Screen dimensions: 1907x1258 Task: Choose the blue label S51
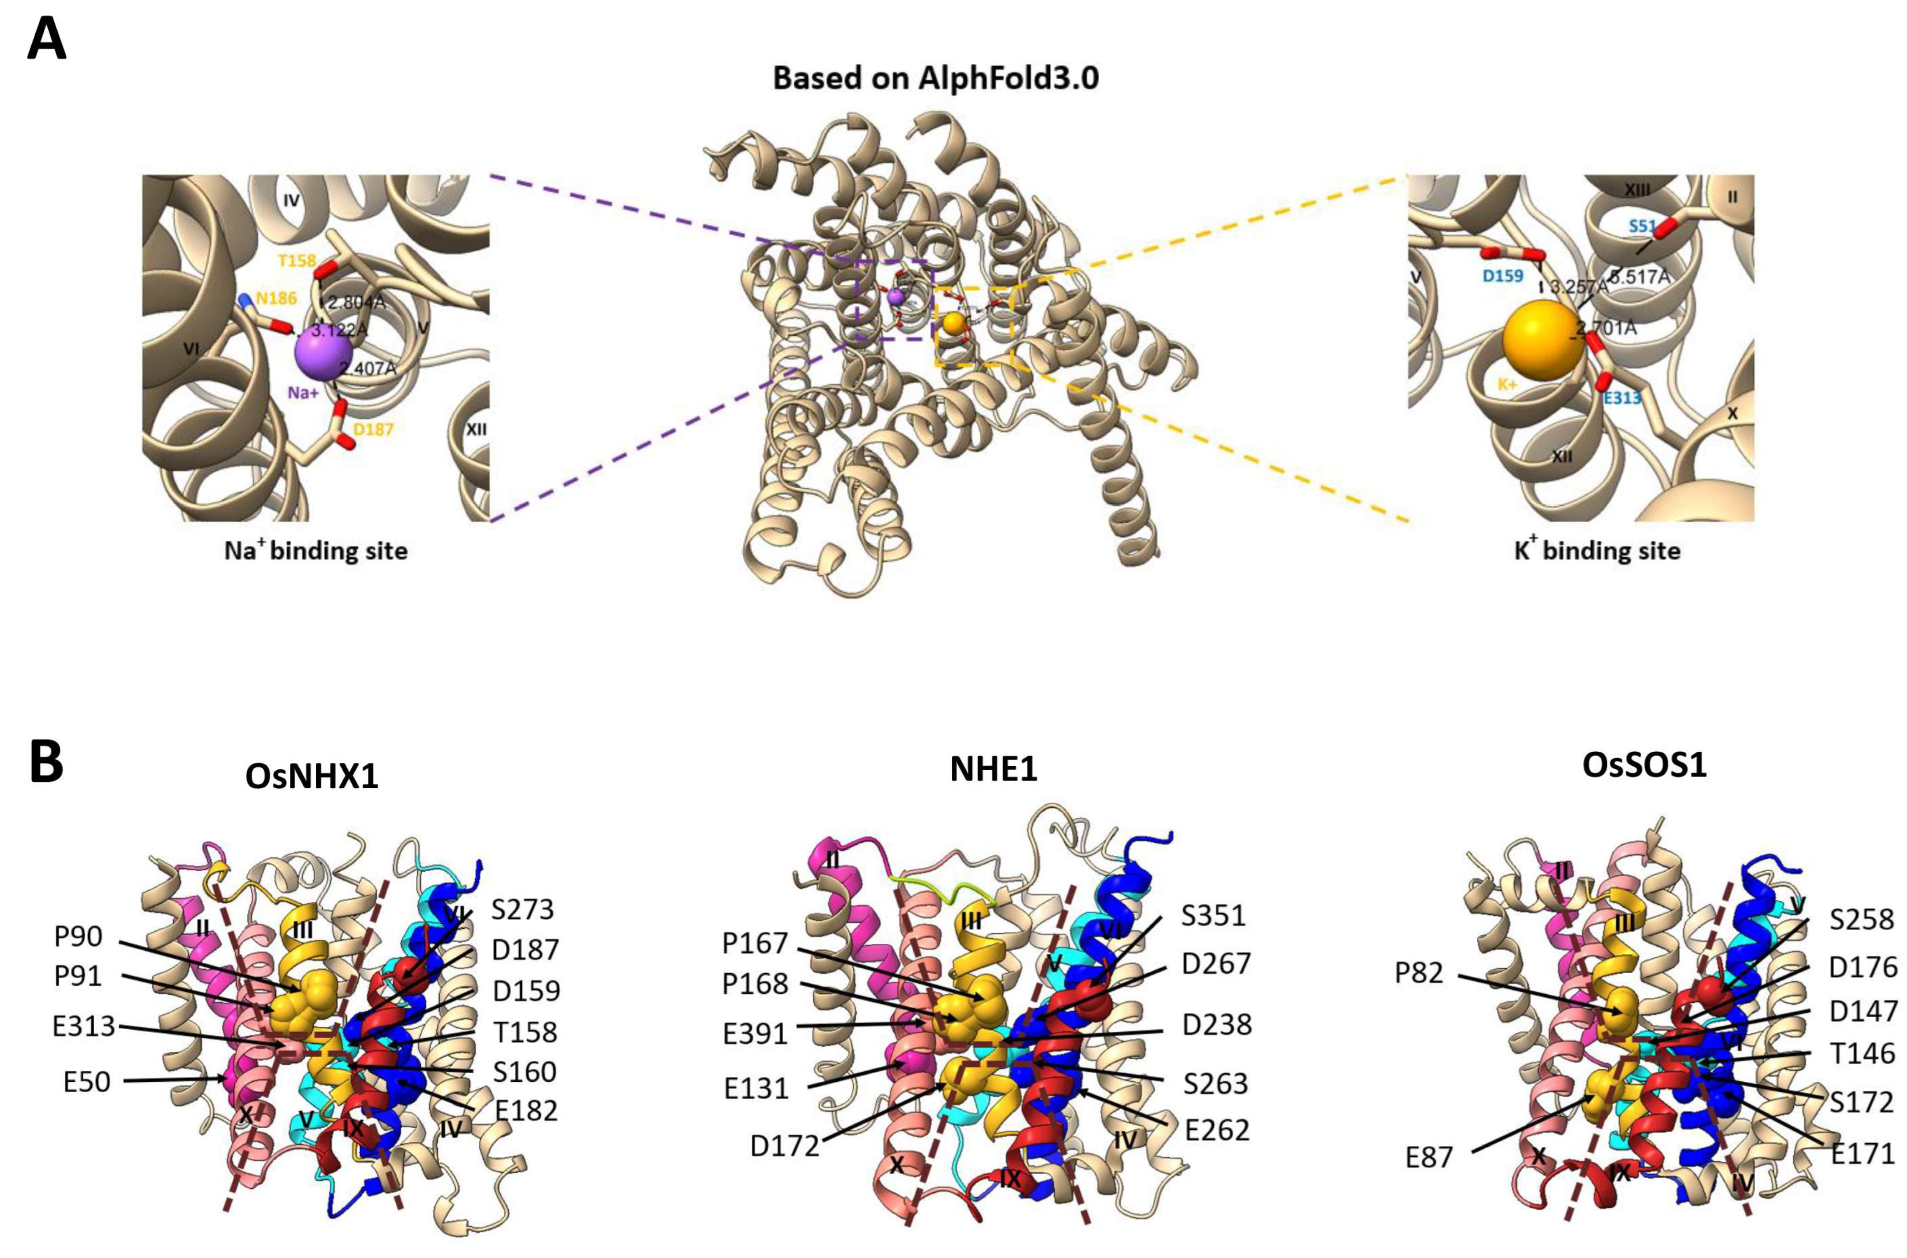click(1642, 227)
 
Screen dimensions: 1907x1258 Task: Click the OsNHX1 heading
click(312, 778)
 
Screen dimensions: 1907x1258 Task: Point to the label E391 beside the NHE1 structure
click(755, 1033)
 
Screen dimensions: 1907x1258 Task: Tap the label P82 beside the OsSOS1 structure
click(1418, 972)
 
